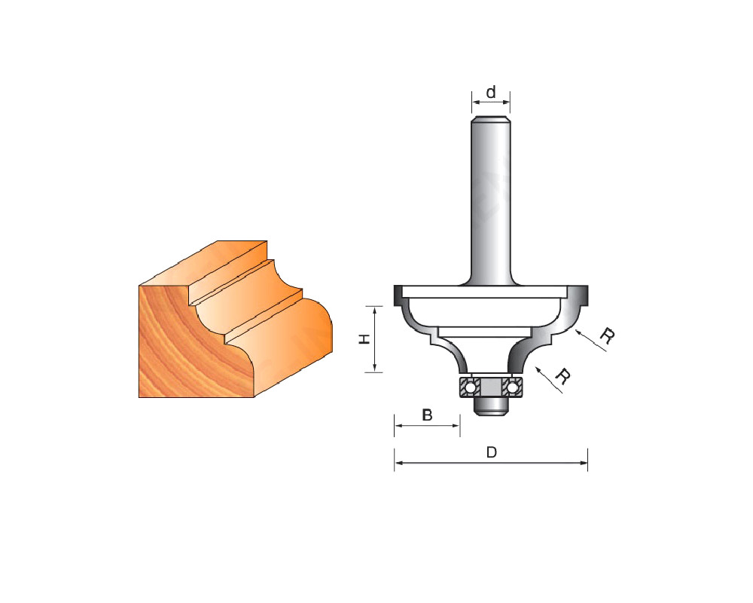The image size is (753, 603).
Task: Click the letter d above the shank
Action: click(491, 92)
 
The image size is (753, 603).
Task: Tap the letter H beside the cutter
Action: click(365, 339)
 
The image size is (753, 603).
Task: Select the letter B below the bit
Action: click(427, 415)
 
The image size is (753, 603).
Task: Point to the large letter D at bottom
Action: click(491, 452)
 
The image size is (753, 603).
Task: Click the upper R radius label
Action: click(607, 335)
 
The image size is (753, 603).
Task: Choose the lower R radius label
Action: click(562, 377)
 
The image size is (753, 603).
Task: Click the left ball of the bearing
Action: click(470, 387)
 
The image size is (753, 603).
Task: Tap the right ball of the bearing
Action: click(512, 387)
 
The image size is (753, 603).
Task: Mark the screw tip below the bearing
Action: click(491, 406)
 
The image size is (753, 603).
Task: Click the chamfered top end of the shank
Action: click(491, 119)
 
